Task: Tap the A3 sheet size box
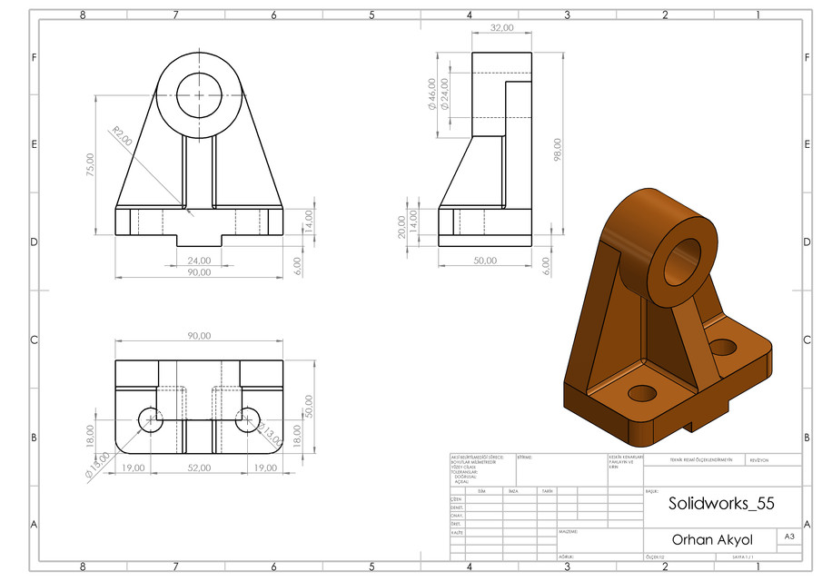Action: [789, 537]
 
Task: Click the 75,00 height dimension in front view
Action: [90, 163]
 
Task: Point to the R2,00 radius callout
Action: [121, 136]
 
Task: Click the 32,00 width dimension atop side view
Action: [501, 28]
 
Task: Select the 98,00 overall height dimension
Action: [557, 150]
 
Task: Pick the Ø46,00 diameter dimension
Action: [431, 94]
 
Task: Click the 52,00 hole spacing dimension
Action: [199, 468]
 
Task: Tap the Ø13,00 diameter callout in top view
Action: [98, 465]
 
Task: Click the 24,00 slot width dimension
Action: [199, 261]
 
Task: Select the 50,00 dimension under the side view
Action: [485, 261]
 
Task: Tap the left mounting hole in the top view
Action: [150, 419]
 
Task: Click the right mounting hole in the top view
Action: [247, 419]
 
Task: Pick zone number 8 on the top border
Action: [83, 15]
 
